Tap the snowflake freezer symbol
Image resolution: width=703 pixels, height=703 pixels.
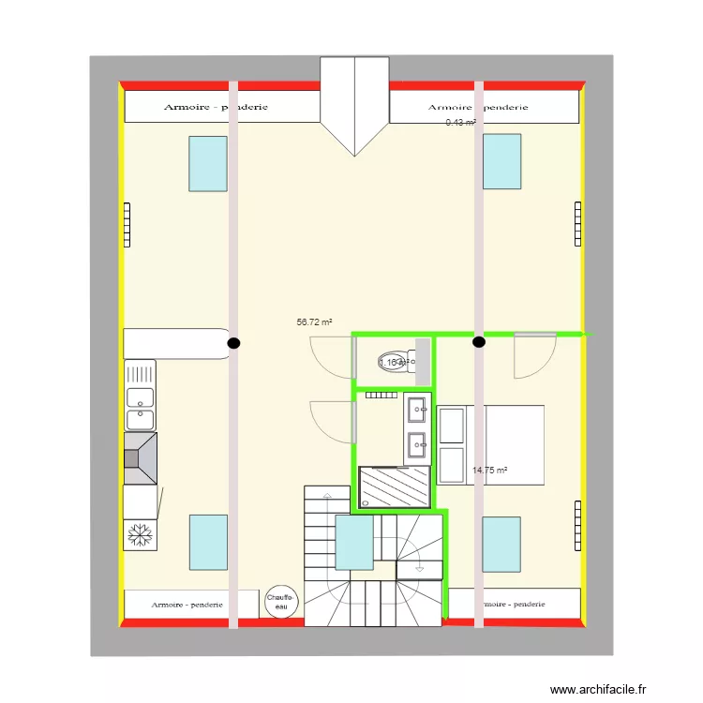[x=141, y=534]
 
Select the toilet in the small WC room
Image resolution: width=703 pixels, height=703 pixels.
[x=395, y=363]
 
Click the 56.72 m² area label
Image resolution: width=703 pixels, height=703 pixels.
[x=315, y=322]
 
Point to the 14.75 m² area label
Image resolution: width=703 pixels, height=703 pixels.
[x=489, y=471]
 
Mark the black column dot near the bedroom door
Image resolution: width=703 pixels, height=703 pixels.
[x=479, y=343]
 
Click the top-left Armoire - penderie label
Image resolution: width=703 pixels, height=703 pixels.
[x=216, y=107]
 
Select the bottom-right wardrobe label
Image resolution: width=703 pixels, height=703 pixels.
[x=511, y=605]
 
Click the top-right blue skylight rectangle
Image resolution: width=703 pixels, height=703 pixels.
[x=501, y=162]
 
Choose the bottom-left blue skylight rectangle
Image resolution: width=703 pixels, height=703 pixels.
[x=208, y=542]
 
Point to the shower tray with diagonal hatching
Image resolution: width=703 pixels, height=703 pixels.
[x=395, y=486]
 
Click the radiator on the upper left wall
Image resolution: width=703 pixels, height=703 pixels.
[x=125, y=225]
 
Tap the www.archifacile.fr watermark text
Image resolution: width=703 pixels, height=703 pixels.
[x=598, y=689]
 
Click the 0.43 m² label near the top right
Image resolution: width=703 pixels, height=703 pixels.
[x=460, y=122]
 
